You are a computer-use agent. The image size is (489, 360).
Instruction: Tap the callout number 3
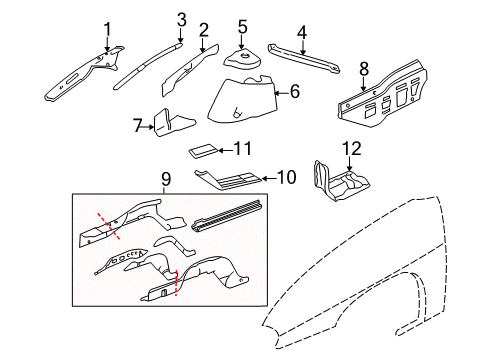coord(181,19)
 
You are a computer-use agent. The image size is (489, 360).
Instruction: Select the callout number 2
coord(204,29)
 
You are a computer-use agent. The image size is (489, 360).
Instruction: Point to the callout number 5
coord(242,26)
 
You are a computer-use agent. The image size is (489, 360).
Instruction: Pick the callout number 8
coord(364,68)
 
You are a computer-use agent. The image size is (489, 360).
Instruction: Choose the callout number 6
coord(295,91)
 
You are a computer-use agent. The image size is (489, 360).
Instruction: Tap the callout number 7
coord(139,125)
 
